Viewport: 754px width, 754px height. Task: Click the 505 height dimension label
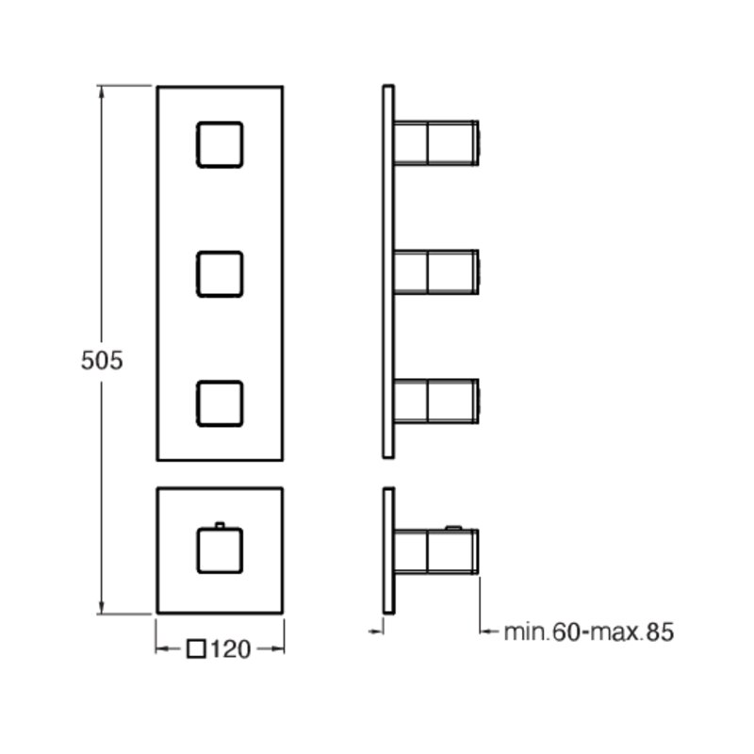click(102, 361)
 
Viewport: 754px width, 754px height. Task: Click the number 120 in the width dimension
click(230, 649)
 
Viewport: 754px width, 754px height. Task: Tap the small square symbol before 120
click(196, 648)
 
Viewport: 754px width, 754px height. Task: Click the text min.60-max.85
click(588, 631)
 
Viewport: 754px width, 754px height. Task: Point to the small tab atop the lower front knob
click(220, 525)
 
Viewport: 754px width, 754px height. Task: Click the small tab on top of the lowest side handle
click(453, 528)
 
